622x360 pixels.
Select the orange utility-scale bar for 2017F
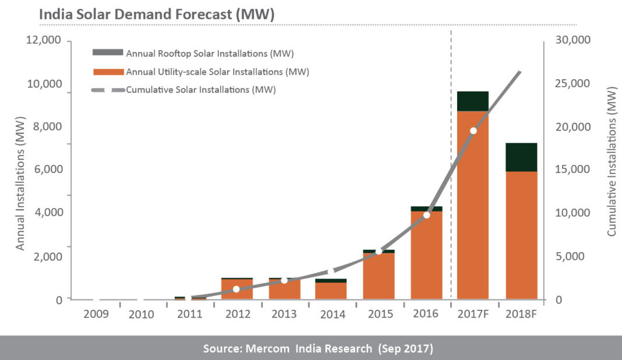click(x=472, y=204)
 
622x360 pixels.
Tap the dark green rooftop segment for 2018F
click(x=521, y=157)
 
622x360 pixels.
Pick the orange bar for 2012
click(x=237, y=289)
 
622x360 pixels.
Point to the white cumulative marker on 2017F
click(x=473, y=130)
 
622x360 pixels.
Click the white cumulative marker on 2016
click(x=426, y=215)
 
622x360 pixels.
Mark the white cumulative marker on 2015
click(x=379, y=251)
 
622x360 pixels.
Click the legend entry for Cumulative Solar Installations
click(x=200, y=90)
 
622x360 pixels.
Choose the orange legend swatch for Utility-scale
click(x=108, y=72)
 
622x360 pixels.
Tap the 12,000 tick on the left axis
click(x=44, y=40)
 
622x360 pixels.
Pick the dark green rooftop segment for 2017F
click(x=472, y=101)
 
